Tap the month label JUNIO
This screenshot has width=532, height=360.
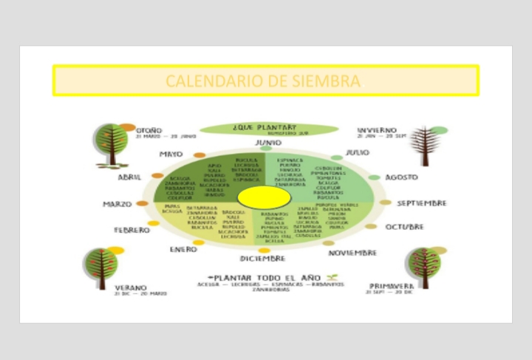[x=267, y=142]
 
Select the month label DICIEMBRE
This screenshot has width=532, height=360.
[x=262, y=259]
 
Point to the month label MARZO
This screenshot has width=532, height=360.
[x=117, y=204]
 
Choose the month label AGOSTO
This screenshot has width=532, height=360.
[x=401, y=177]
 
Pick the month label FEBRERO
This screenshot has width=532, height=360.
[x=132, y=230]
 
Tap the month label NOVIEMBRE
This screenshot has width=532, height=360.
[x=352, y=253]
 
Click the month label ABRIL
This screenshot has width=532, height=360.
[x=129, y=177]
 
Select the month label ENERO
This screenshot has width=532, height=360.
[x=183, y=250]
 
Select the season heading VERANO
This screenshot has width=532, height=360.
[x=130, y=288]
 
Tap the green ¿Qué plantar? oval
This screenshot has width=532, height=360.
[x=264, y=129]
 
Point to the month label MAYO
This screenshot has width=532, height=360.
[x=171, y=154]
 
